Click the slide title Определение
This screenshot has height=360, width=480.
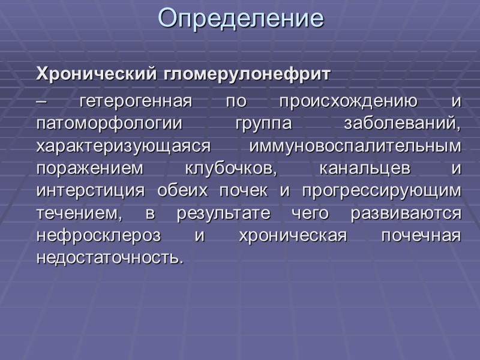(241, 19)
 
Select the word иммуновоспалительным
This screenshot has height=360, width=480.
(355, 146)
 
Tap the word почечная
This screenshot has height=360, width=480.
(422, 236)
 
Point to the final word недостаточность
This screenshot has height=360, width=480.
(109, 258)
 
